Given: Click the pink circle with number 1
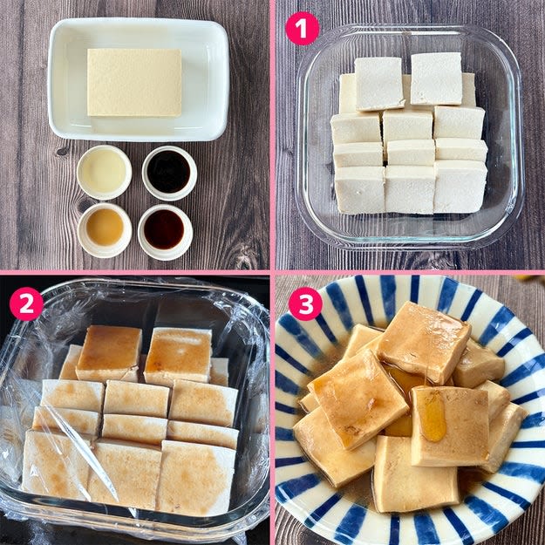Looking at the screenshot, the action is [302, 28].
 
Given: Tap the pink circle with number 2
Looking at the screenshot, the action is [26, 303].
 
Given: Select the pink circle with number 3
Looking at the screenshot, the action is [305, 303].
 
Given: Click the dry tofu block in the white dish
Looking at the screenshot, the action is [134, 82].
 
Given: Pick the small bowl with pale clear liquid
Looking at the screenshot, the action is [104, 172].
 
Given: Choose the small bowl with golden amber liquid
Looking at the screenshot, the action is [105, 230].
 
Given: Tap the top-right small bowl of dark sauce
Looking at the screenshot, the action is [169, 173].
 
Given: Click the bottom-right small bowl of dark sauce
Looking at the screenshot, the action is [165, 232].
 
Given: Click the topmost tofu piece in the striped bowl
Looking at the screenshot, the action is [424, 343].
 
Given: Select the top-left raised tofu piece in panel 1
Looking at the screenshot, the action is [378, 84].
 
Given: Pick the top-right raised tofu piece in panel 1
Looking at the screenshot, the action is [437, 78].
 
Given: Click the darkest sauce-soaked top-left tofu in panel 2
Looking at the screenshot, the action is [109, 352].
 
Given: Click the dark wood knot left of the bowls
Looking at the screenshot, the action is [62, 151].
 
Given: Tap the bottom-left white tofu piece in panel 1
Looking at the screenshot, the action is [360, 189].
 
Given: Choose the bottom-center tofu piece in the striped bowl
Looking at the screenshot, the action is [415, 474].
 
